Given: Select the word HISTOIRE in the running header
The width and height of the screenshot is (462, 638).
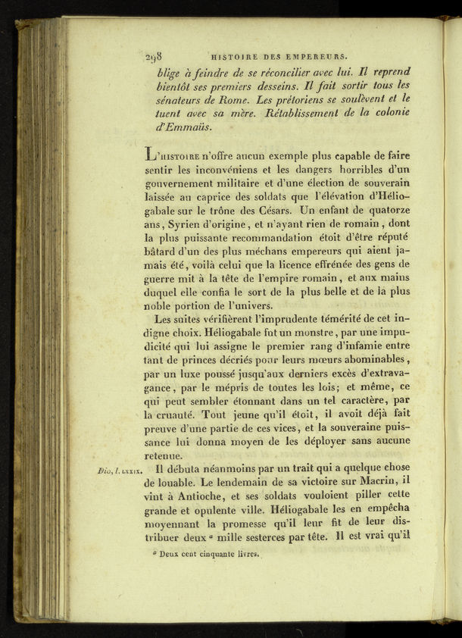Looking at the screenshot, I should (234, 56).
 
